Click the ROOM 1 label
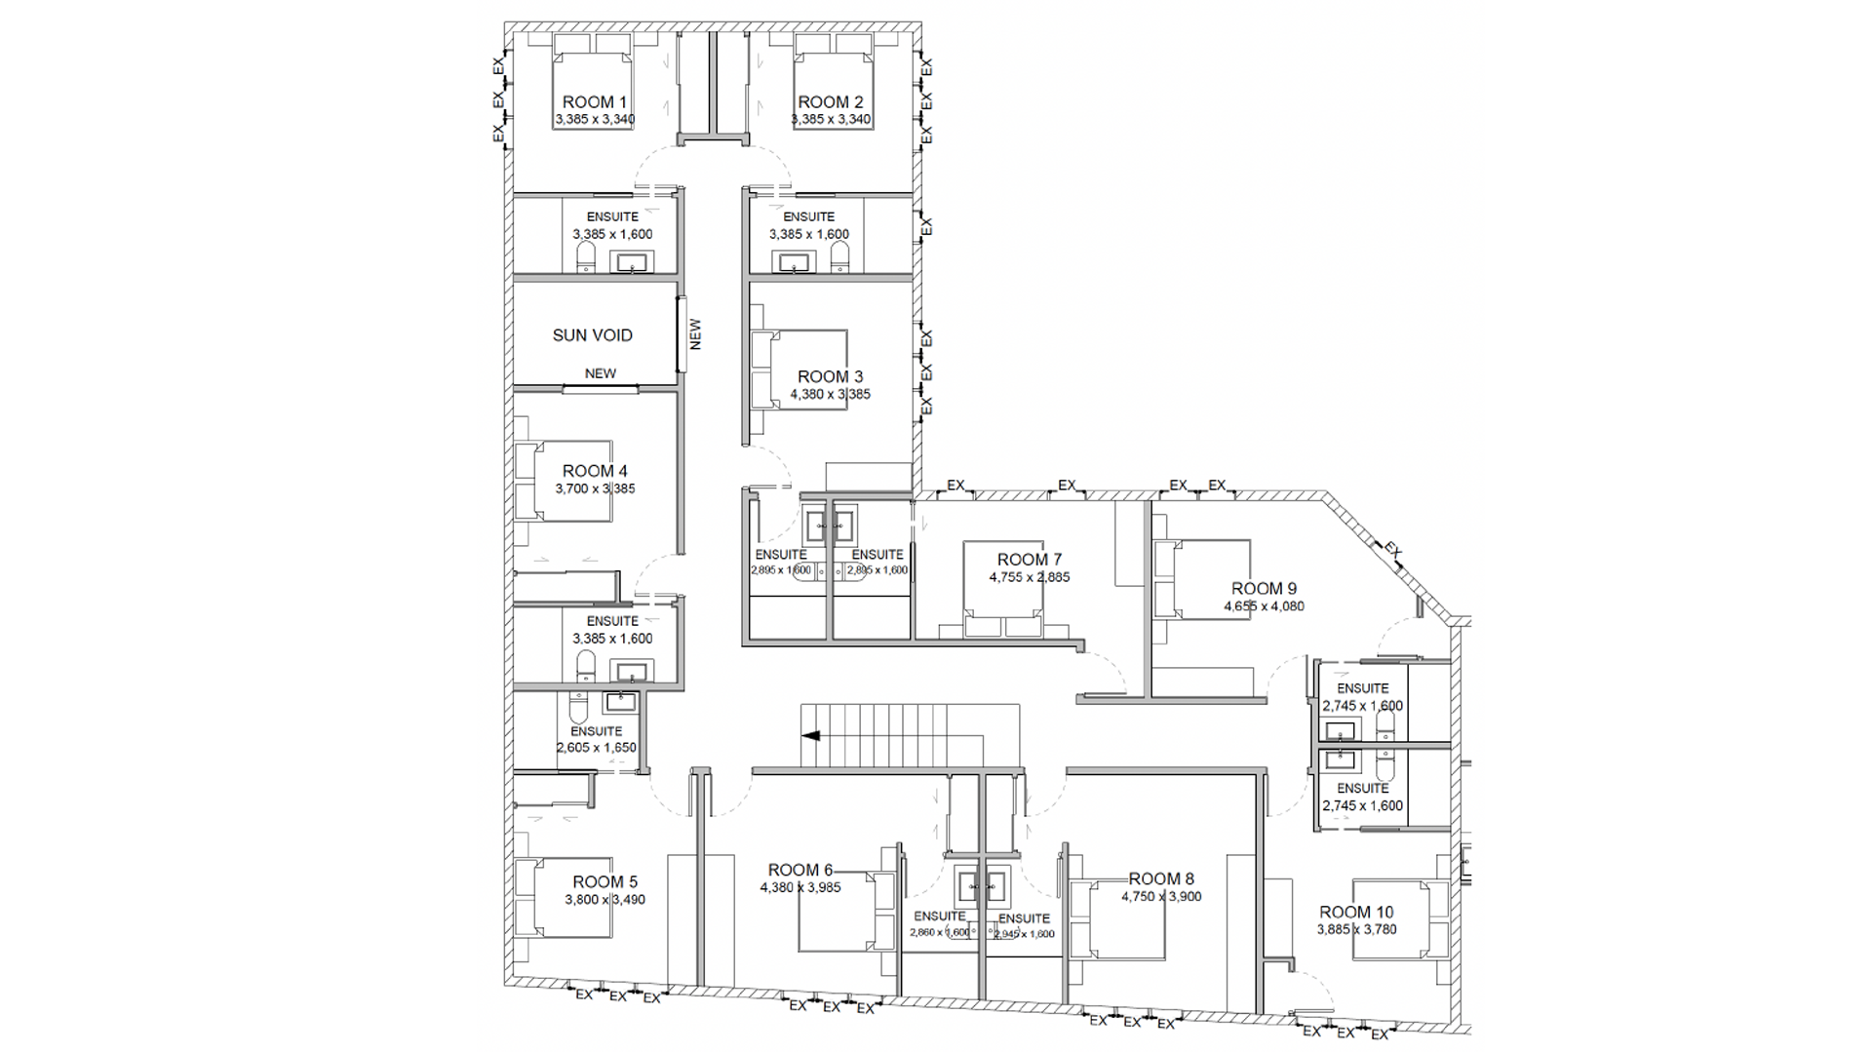[594, 101]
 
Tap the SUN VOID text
[592, 335]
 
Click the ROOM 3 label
[830, 376]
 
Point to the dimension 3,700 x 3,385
[595, 488]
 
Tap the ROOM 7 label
[1029, 560]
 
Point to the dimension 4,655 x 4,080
[1264, 605]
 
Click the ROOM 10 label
[1356, 913]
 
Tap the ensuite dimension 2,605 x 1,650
[596, 748]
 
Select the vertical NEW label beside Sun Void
[695, 334]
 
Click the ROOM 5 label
[604, 882]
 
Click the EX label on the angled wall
[1392, 551]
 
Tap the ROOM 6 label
[799, 870]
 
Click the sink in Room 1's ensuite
[631, 261]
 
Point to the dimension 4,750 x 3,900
[1161, 896]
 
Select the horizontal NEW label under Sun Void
[600, 373]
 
